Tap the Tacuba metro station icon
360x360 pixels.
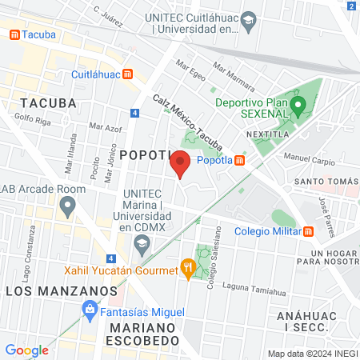pos(14,35)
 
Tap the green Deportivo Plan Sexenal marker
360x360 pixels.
pos(298,105)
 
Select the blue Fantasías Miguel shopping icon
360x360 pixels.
pos(91,309)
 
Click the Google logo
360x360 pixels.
pos(26,350)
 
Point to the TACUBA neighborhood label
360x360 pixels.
pos(48,103)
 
